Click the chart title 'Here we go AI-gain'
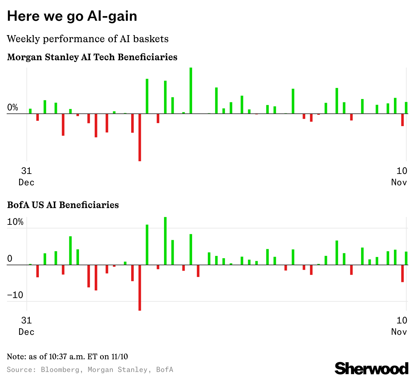(72, 16)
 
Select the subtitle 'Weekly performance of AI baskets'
(88, 39)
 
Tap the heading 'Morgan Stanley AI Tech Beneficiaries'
(92, 57)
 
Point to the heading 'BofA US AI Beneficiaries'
(63, 205)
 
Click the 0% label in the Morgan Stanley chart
(13, 107)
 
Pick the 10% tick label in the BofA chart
(15, 222)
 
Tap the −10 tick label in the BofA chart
(15, 295)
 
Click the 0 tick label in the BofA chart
(10, 259)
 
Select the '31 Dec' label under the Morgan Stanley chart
(26, 177)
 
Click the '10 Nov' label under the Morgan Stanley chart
(399, 177)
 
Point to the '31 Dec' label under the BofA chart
(26, 326)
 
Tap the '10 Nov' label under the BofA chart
(399, 326)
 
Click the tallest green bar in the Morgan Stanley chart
(191, 90)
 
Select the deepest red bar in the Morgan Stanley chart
(140, 137)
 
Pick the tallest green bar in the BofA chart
(165, 241)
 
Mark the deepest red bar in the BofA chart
(140, 288)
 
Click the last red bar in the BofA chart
(402, 273)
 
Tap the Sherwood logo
(371, 368)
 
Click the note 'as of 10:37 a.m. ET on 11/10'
(67, 357)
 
